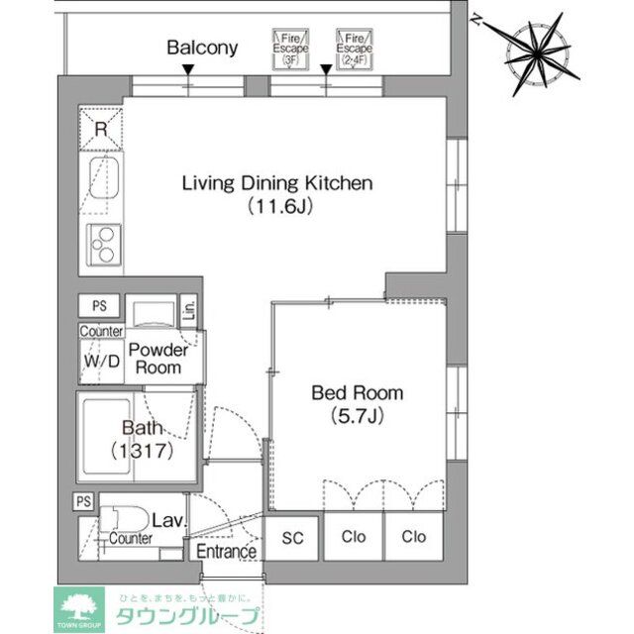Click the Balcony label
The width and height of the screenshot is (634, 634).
coord(202,48)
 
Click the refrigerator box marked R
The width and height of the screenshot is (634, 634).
coord(101,128)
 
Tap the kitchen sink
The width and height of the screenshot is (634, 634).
coord(102,184)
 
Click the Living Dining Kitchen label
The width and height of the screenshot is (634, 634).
coord(275,183)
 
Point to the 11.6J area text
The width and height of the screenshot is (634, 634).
coord(276,207)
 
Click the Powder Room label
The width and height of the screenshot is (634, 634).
coord(158,359)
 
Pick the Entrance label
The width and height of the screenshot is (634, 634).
coord(227,552)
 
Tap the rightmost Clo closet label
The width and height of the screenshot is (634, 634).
coord(413,537)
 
